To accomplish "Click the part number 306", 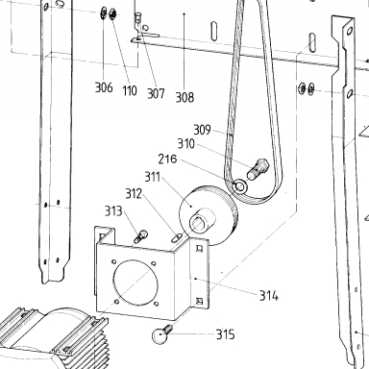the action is [104, 87].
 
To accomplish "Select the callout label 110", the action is [130, 90].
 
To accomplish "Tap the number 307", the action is [156, 93].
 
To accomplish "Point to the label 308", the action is [184, 97].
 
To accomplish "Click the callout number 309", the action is [202, 130].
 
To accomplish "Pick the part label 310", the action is [186, 144].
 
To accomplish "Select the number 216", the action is [167, 159].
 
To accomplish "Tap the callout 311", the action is [152, 177].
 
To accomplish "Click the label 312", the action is [134, 193].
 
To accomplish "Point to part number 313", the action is [113, 211].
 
